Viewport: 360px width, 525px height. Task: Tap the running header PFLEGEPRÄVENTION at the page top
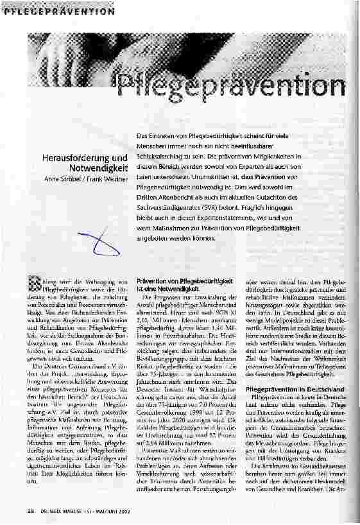(x=58, y=8)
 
